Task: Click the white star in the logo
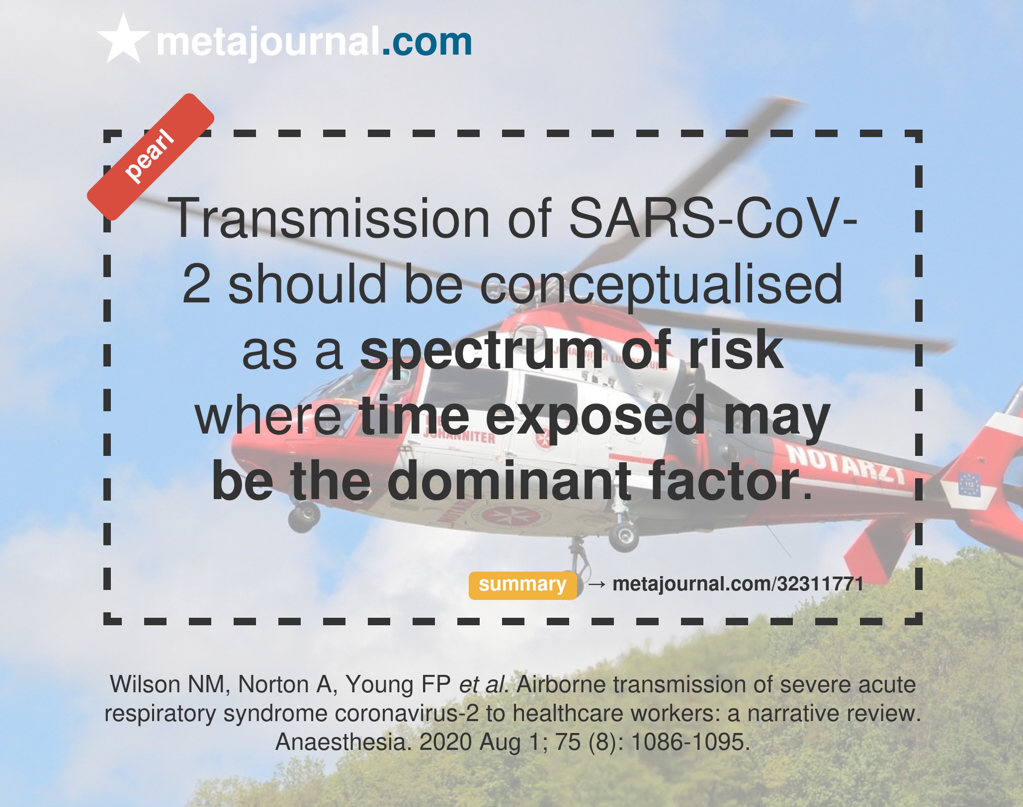(123, 40)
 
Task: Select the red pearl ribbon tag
(151, 157)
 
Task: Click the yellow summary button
(522, 585)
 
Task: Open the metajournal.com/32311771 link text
(738, 584)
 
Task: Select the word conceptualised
(661, 285)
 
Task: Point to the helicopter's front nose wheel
(304, 516)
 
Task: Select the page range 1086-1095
(690, 742)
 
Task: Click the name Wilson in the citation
(145, 684)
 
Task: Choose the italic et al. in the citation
(484, 684)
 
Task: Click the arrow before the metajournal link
(597, 585)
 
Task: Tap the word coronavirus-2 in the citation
(407, 714)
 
